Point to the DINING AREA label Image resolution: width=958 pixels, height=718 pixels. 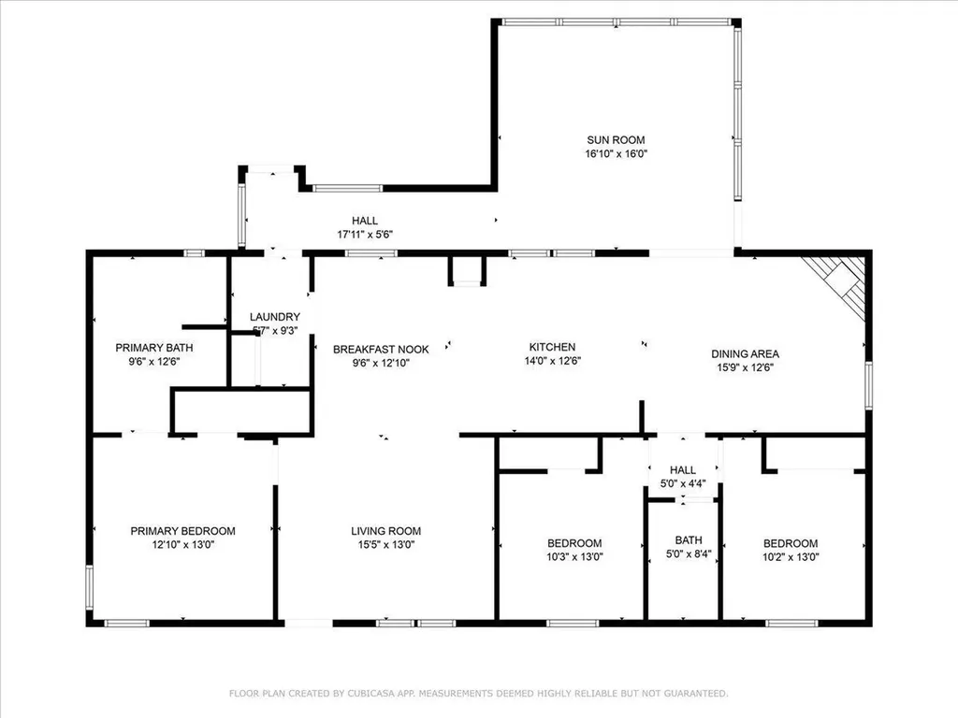(745, 353)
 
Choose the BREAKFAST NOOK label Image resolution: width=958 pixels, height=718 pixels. (381, 350)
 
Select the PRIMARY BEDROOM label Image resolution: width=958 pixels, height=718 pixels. (182, 531)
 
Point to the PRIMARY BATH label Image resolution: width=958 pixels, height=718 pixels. (147, 347)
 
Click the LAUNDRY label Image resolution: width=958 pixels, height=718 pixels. (275, 317)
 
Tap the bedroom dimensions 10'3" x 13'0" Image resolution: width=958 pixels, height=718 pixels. (573, 556)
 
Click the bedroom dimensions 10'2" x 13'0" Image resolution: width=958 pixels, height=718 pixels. (791, 556)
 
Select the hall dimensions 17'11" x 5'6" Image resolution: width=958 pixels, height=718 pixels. (365, 234)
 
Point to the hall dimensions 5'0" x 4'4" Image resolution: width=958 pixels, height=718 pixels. (683, 483)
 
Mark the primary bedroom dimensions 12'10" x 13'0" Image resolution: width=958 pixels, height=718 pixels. (182, 544)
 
